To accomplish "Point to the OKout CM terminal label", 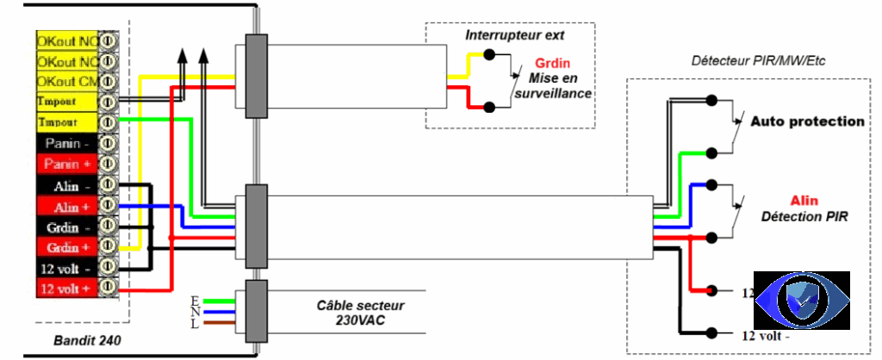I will point(67,82).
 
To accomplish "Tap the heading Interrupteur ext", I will point(514,35).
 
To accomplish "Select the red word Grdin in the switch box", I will point(552,64).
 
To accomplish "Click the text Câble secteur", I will point(360,306).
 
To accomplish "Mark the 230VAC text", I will point(360,320).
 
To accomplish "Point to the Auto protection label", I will point(806,121).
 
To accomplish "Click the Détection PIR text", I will point(805,217).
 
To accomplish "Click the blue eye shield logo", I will point(801,301).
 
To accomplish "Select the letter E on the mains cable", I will point(194,299).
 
